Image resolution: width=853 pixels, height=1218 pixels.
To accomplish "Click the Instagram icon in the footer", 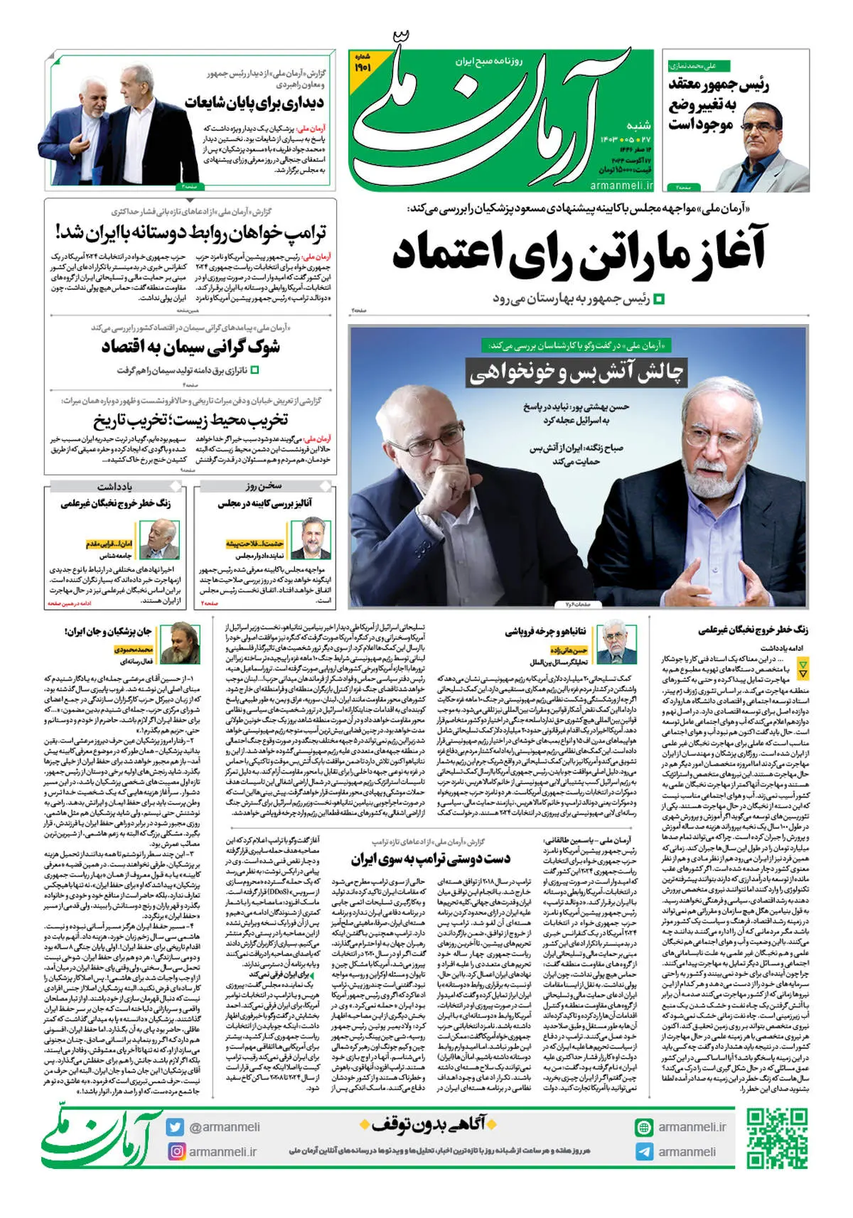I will pyautogui.click(x=176, y=1151).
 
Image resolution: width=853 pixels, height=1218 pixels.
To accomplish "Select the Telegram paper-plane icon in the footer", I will pyautogui.click(x=645, y=1152).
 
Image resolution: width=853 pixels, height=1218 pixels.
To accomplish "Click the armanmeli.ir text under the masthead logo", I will pyautogui.click(x=621, y=185).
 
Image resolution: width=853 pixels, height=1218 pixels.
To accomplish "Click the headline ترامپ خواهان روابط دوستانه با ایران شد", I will pyautogui.click(x=191, y=233).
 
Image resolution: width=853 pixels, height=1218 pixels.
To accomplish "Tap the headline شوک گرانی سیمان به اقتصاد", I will pyautogui.click(x=191, y=347).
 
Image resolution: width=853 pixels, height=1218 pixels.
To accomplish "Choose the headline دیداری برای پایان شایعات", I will pyautogui.click(x=254, y=103).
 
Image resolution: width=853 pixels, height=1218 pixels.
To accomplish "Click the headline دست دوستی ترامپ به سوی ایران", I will pyautogui.click(x=430, y=858).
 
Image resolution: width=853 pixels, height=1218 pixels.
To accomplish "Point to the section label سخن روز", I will pyautogui.click(x=264, y=486).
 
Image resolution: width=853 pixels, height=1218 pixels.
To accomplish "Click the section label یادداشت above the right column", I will pyautogui.click(x=114, y=486).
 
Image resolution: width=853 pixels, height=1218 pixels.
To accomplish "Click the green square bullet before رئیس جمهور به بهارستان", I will pyautogui.click(x=659, y=299).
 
